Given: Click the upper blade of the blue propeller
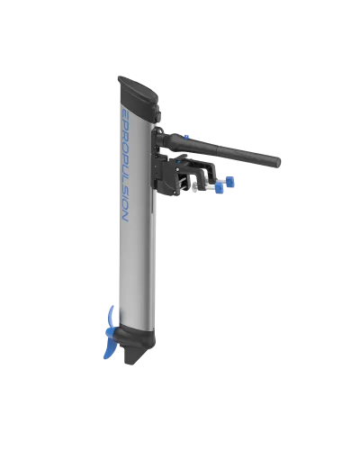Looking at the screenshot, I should [x=111, y=317].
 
